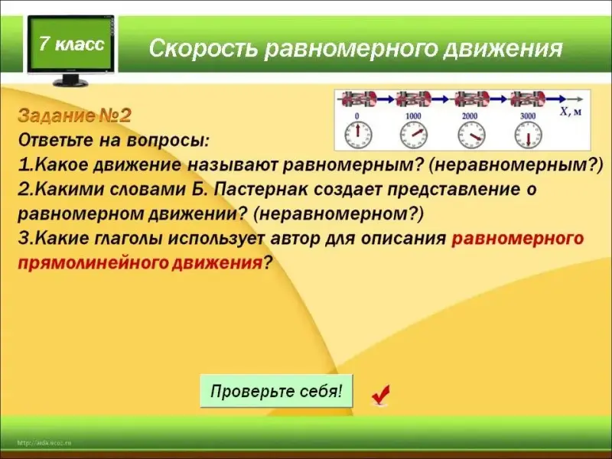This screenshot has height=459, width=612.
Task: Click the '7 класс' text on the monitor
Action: tap(72, 44)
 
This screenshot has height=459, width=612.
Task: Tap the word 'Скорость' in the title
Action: tap(203, 48)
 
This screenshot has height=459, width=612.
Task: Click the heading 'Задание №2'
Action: tap(74, 116)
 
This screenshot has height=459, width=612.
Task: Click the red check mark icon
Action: tap(380, 394)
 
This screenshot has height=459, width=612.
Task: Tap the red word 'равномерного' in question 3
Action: tap(518, 239)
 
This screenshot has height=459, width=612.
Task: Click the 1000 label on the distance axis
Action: tap(413, 116)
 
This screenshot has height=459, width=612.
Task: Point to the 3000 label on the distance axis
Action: tap(528, 116)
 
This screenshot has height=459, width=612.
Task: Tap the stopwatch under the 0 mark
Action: tap(357, 135)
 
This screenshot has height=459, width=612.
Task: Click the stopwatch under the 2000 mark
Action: tap(470, 135)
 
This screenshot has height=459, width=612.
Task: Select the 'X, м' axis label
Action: tap(571, 112)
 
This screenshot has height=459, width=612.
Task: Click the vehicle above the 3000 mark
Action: tap(527, 99)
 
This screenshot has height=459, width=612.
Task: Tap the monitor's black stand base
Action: tap(70, 83)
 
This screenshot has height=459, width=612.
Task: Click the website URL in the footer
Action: tap(44, 443)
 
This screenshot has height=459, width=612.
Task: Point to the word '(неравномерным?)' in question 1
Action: tap(516, 165)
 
